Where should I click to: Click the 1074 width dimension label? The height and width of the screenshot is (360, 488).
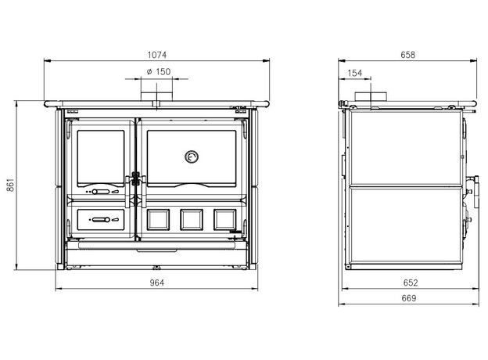157,55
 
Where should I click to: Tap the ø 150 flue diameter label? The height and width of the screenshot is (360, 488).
159,72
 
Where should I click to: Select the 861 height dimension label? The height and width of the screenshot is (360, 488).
10,185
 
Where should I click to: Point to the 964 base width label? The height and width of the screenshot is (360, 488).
157,283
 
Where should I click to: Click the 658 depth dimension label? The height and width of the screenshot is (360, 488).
407,55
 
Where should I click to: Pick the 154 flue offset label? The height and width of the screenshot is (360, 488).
355,74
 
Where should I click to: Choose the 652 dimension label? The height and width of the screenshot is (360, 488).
411,283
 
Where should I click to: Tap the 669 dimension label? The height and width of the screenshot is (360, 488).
409,298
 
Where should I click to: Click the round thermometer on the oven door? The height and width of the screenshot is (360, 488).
192,157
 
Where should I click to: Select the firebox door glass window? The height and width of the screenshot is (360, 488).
101,158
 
